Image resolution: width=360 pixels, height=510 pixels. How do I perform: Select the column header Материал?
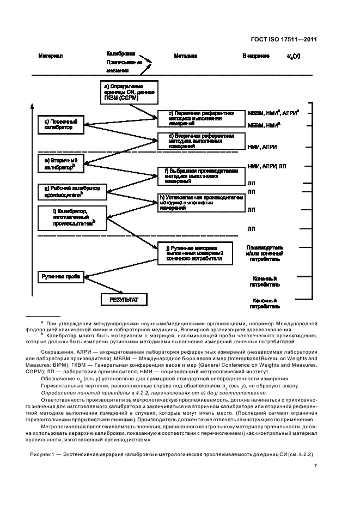51,56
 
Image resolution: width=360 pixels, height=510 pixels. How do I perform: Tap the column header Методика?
185,56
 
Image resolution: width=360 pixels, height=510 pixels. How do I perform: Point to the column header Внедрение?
256,56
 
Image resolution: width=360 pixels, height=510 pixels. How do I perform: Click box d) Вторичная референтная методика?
196,141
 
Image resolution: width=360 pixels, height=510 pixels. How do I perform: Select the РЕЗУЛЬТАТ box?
124,299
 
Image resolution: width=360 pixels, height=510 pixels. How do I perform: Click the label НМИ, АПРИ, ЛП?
266,166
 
